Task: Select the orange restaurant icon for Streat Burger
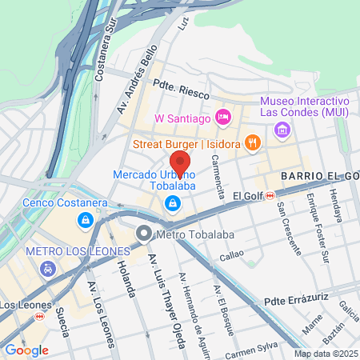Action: point(253,143)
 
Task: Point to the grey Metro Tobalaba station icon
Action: point(144,234)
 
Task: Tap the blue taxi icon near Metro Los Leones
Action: point(49,270)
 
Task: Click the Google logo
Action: point(27,350)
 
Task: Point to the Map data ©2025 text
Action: point(326,354)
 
